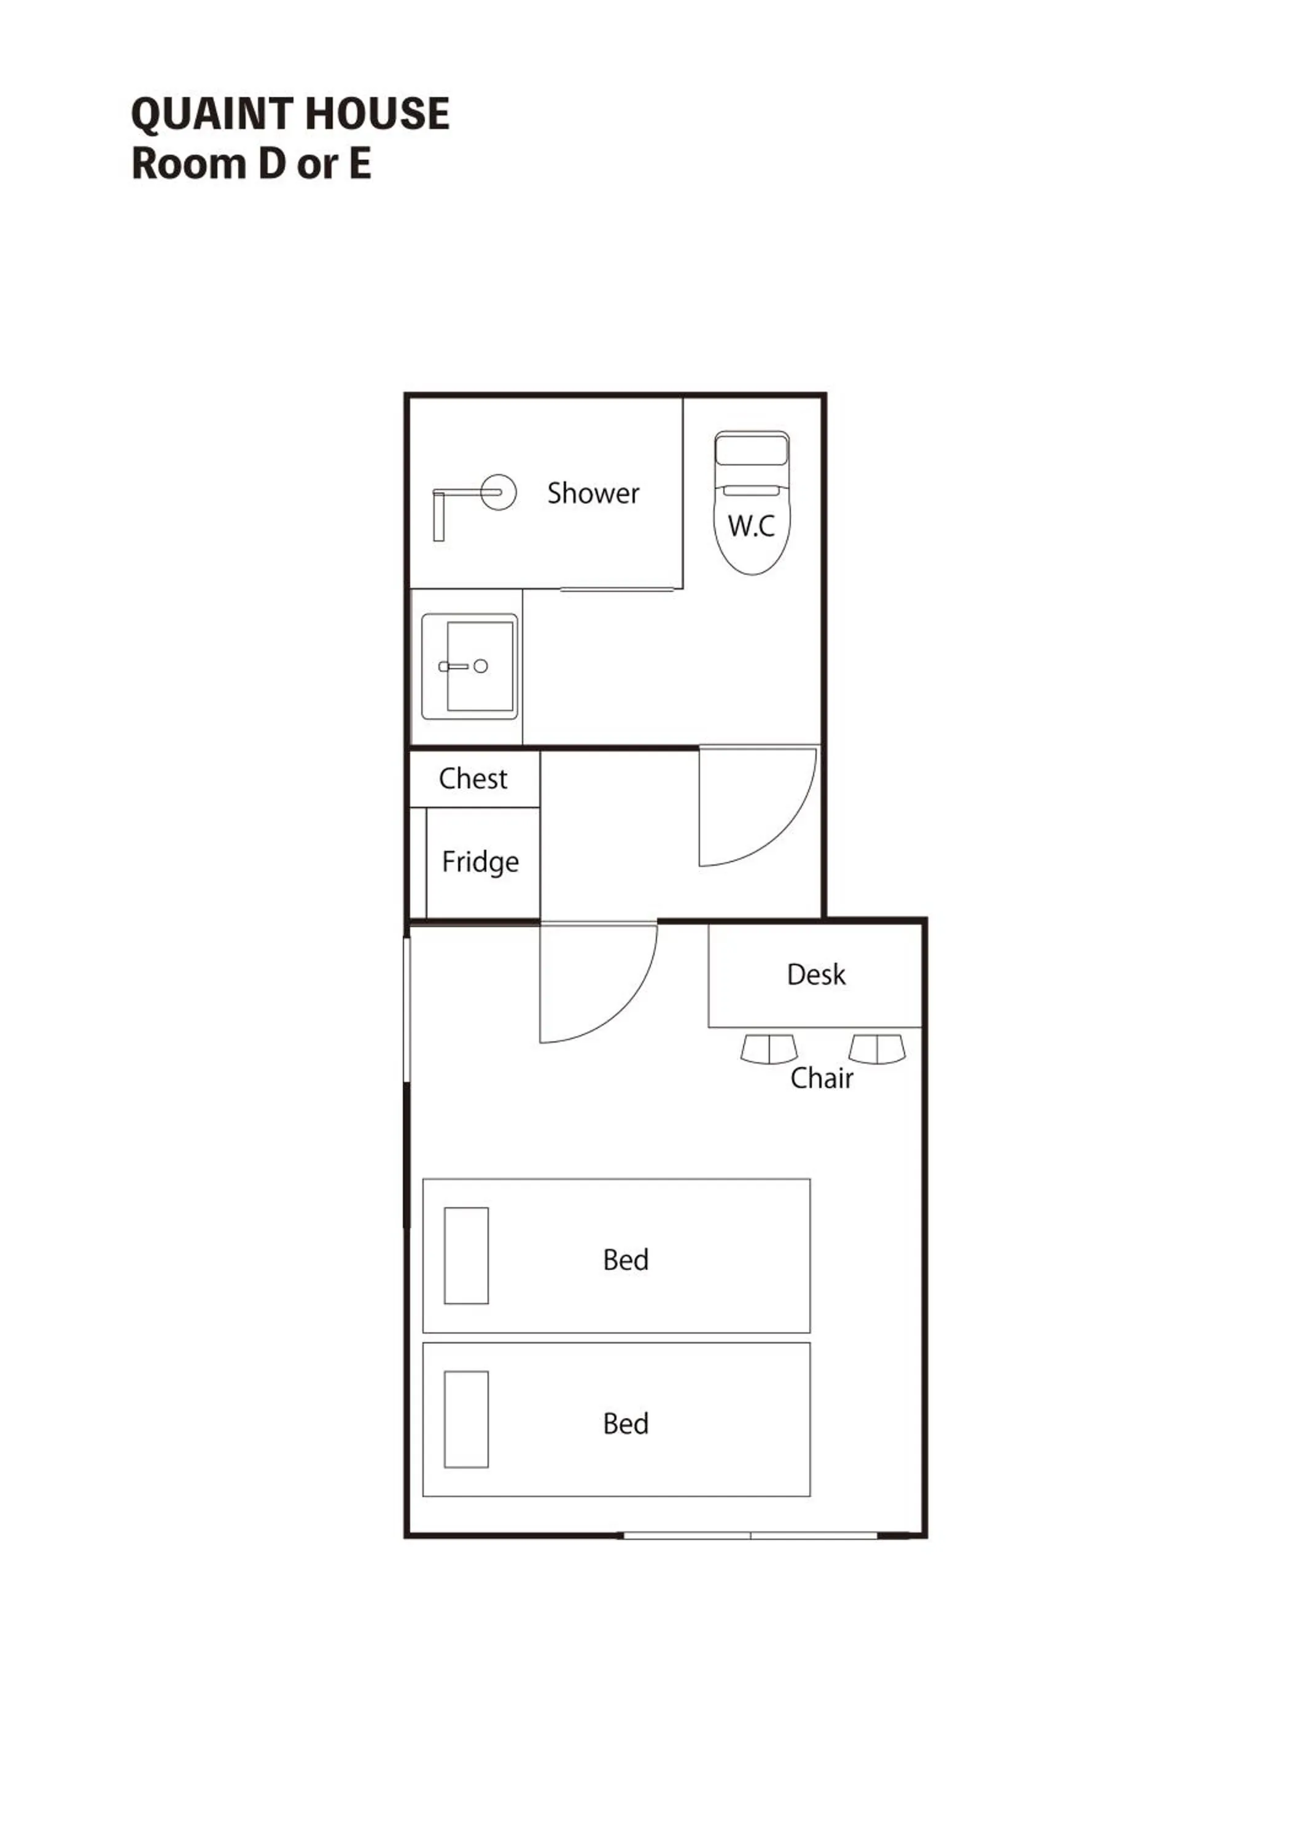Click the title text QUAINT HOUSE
[x=290, y=114]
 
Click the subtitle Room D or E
[x=251, y=164]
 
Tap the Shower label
[x=593, y=492]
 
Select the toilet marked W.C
[x=752, y=526]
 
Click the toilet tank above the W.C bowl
[x=752, y=450]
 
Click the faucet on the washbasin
[x=454, y=666]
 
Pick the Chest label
[x=473, y=778]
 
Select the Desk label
[x=816, y=974]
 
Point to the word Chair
[x=822, y=1078]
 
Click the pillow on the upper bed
[x=466, y=1256]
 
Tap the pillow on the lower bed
[x=466, y=1419]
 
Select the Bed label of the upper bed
[x=626, y=1259]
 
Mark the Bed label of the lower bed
[x=626, y=1423]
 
